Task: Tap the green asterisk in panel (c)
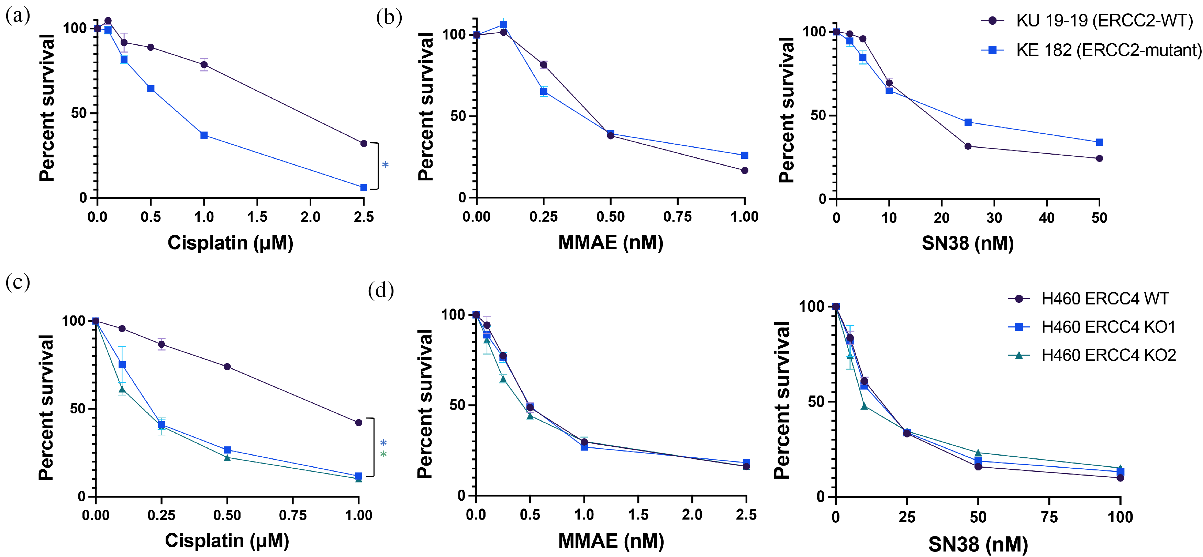[x=383, y=454]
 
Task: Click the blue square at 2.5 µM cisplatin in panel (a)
[x=364, y=188]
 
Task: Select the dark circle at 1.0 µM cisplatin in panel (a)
[x=204, y=65]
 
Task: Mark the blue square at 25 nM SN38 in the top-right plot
[x=968, y=122]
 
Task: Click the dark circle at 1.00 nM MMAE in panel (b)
[x=744, y=170]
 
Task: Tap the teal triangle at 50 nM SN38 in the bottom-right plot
[x=978, y=453]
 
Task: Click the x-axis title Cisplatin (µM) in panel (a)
[x=230, y=243]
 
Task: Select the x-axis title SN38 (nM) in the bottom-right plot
[x=978, y=544]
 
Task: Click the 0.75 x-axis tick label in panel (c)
[x=293, y=515]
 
